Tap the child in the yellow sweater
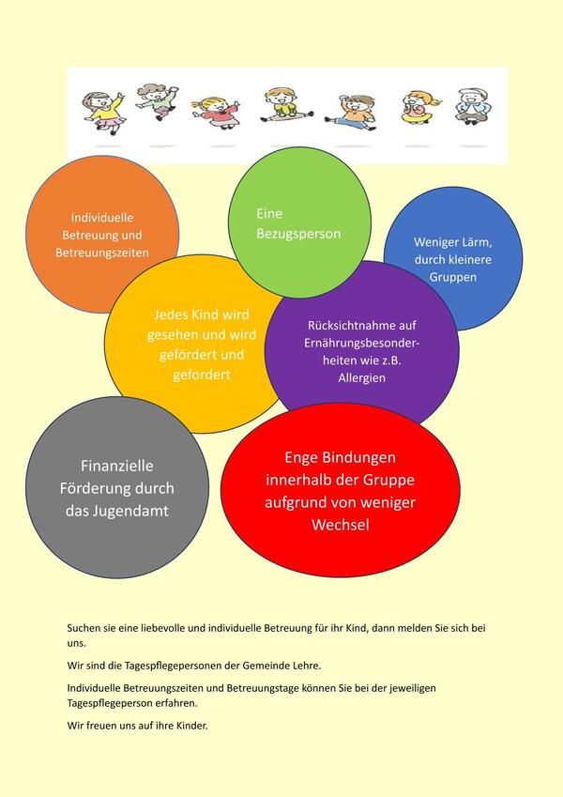point(104,113)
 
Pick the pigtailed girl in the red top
point(216,113)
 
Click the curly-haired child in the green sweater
point(158,101)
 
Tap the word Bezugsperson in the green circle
point(298,235)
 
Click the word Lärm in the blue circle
point(475,242)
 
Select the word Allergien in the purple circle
point(362,378)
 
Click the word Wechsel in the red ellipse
point(340,525)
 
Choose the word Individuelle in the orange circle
point(102,218)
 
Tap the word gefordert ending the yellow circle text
point(202,376)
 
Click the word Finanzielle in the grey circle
point(117,466)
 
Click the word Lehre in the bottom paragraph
point(309,666)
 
